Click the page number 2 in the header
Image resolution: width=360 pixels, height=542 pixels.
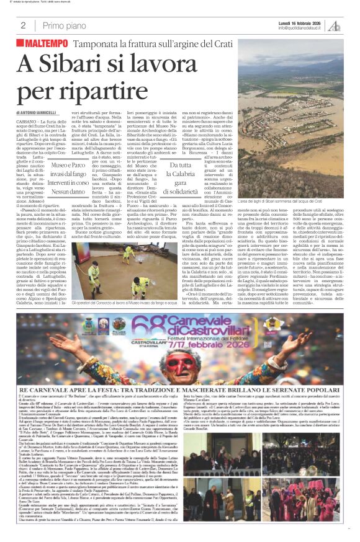point(24,25)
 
